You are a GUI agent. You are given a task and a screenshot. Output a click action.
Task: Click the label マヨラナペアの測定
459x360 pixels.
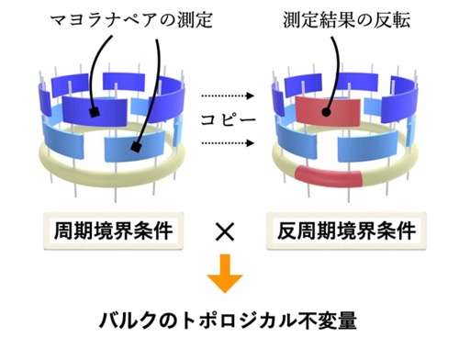[131, 20]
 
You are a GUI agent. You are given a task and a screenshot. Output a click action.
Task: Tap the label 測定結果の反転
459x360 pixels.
[347, 20]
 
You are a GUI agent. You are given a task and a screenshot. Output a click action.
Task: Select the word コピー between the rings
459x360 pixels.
[228, 119]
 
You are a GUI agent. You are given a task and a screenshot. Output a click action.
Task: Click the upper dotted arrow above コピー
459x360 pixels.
[228, 96]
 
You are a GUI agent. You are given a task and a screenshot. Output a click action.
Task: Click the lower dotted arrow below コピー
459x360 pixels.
[228, 143]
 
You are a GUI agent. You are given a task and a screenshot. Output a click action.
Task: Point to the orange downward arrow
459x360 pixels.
[225, 274]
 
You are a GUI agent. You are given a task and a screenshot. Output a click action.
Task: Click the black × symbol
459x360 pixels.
[225, 231]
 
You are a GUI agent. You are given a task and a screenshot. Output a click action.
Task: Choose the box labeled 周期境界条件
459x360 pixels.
[114, 231]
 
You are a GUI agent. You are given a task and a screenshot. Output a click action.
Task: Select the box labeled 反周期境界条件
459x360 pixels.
[347, 231]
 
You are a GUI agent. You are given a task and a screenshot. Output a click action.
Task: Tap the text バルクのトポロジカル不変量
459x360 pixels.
[228, 321]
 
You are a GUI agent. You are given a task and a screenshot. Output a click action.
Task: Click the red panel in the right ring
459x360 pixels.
[328, 111]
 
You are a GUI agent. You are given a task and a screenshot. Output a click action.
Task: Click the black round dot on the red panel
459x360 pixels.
[326, 112]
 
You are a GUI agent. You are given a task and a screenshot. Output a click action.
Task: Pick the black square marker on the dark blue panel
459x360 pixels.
[95, 113]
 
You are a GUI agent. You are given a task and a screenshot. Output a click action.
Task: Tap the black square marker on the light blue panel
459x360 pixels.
[136, 148]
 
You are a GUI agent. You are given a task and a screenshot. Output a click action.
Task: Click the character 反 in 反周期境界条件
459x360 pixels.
[286, 231]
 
